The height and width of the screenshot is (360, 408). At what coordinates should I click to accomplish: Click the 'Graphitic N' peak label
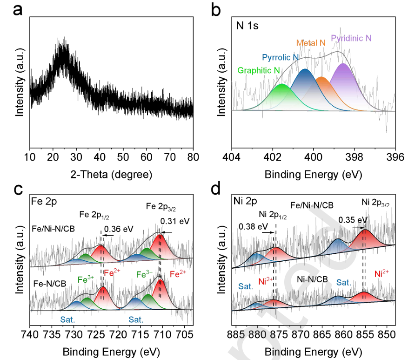point(259,70)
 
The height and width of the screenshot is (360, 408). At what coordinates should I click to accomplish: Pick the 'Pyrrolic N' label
point(280,58)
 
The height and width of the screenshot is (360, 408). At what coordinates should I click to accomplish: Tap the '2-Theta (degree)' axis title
point(111,175)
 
